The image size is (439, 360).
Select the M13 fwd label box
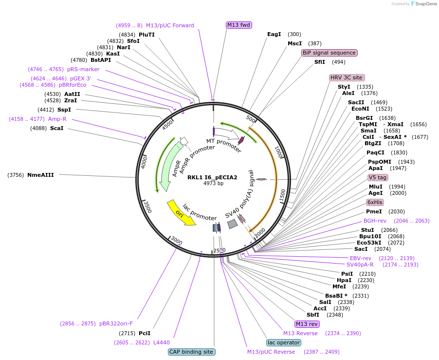pos(239,25)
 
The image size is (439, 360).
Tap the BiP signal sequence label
pos(329,53)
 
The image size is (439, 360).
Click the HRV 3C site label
pos(347,77)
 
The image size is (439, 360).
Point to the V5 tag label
pos(378,177)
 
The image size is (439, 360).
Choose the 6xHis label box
pos(375,202)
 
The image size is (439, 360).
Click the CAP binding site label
pos(192,352)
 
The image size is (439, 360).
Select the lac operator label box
pos(283,342)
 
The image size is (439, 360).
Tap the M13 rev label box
pos(307,324)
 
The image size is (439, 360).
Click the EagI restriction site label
pos(274,34)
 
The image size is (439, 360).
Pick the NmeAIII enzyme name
pos(40,175)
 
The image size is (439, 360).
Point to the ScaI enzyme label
pos(57,128)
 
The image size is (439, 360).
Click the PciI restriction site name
pos(145,333)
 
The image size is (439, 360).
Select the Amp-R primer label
pos(57,119)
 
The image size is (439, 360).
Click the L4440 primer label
pos(162,342)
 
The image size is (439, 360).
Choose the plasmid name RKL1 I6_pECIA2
pos(213,177)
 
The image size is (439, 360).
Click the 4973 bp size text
pos(213,183)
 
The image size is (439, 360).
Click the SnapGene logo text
pos(424,4)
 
